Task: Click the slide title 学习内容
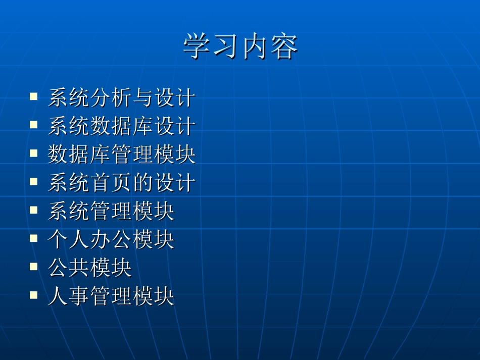(x=240, y=47)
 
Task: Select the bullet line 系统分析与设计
(x=121, y=97)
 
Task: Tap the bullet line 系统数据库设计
(x=121, y=126)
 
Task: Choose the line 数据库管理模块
(x=121, y=154)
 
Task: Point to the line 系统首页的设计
(x=121, y=182)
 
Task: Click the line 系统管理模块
(x=111, y=211)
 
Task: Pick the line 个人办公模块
(x=111, y=239)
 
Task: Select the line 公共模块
(x=89, y=268)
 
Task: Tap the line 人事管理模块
(x=111, y=296)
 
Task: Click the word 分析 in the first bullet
(x=111, y=97)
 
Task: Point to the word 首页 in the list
(x=111, y=182)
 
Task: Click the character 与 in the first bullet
(x=142, y=97)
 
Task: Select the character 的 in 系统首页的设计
(x=142, y=182)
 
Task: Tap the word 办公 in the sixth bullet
(x=111, y=239)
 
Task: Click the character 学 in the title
(x=197, y=47)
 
